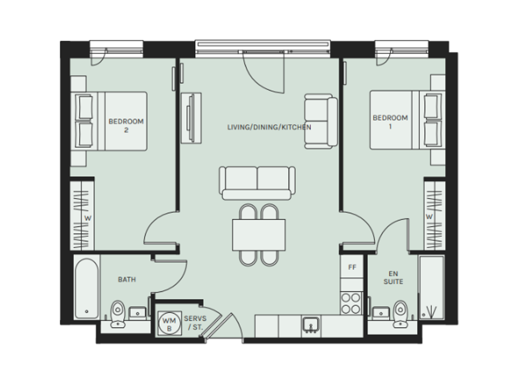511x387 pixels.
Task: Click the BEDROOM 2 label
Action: tap(126, 126)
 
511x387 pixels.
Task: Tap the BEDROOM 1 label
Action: tap(390, 122)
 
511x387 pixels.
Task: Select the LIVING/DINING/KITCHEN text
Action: tap(269, 127)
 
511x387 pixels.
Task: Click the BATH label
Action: tap(127, 280)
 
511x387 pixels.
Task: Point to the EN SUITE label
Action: tap(393, 278)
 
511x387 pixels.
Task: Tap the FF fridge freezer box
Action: tap(352, 267)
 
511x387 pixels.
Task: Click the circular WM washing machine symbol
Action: tap(169, 324)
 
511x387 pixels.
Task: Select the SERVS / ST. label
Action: tap(195, 323)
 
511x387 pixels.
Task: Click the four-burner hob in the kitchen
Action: tap(351, 303)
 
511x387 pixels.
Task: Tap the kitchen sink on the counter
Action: tap(311, 325)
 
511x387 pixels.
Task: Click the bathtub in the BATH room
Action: tap(86, 288)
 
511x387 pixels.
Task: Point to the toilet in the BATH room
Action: tap(118, 313)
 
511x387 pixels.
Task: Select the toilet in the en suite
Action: tap(400, 313)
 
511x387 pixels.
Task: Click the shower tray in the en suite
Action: tap(431, 287)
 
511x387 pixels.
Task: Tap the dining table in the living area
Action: tap(259, 235)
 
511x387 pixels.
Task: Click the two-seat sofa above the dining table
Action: tap(258, 183)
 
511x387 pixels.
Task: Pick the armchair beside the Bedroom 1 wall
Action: tap(321, 121)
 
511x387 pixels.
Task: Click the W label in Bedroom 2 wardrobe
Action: tap(88, 218)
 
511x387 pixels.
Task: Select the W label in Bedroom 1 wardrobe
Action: tap(429, 216)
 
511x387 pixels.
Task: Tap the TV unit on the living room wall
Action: tap(191, 118)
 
